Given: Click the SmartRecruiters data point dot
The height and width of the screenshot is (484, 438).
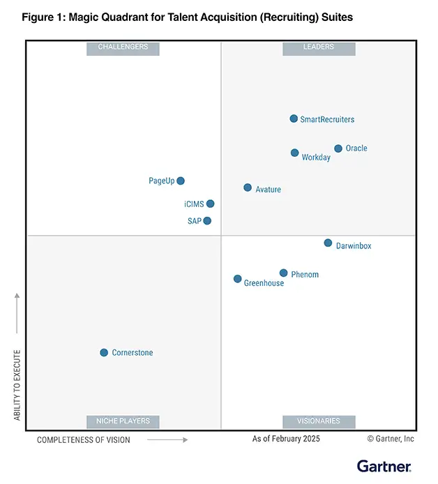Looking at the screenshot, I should [294, 119].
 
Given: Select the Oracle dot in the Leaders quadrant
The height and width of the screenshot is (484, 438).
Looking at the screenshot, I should [338, 149].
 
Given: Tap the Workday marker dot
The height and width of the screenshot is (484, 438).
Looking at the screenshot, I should [294, 153].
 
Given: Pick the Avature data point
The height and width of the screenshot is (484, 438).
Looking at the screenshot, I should [248, 188].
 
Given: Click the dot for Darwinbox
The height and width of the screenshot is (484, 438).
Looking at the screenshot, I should [328, 243].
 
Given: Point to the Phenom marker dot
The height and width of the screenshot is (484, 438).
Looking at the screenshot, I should [283, 273].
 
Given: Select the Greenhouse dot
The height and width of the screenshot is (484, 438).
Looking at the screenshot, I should [238, 279].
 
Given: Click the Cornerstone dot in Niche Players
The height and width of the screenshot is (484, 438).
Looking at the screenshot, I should [104, 352].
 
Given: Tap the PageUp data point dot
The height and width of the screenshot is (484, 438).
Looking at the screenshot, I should [181, 181].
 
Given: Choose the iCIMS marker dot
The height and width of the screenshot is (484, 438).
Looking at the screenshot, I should [210, 204].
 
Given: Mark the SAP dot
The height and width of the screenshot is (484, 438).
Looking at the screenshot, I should [207, 221].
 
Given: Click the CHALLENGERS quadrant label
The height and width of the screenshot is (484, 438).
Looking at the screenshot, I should [123, 47].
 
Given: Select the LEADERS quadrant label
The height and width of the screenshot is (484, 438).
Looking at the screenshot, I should [319, 47].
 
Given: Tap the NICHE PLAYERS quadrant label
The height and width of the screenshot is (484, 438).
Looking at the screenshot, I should [123, 421].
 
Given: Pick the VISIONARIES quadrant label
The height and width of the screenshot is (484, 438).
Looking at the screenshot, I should [319, 421].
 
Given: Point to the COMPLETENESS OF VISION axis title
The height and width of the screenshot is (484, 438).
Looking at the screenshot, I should [83, 440].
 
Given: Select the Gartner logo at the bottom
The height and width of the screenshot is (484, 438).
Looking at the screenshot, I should [384, 466].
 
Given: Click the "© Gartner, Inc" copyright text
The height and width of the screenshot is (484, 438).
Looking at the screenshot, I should [391, 439].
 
